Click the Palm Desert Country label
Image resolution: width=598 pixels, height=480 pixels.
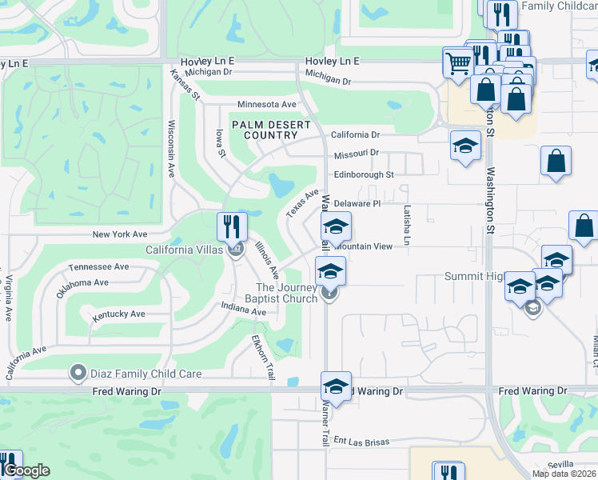(265, 130)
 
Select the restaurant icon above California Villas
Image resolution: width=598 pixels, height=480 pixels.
(232, 226)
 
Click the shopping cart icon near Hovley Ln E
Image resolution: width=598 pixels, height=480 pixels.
(458, 62)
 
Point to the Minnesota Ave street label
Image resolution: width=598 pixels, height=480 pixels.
(266, 105)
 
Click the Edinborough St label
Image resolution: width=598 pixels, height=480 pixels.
(364, 174)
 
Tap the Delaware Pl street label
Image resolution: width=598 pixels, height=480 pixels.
(357, 204)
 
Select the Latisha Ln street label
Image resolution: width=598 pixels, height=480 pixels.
(407, 225)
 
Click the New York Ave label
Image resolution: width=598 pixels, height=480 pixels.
(120, 234)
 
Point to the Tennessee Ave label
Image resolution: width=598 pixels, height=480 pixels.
(98, 266)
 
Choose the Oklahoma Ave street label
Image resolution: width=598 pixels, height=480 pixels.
(82, 282)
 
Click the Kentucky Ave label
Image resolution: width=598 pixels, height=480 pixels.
(118, 314)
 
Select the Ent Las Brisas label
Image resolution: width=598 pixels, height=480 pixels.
(361, 441)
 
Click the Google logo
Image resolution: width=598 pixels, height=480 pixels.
(26, 470)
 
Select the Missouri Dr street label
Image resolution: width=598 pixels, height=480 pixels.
(356, 153)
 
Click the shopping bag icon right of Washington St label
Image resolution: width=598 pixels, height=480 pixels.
(556, 161)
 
